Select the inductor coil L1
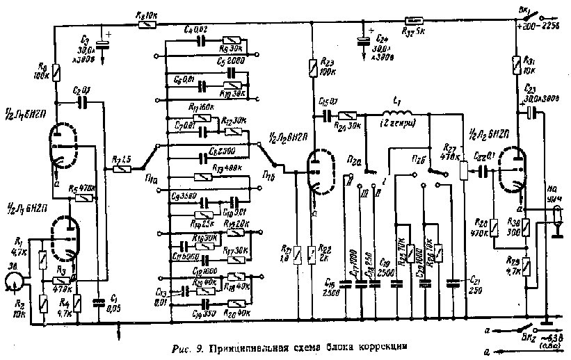pos(396,114)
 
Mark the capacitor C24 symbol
pos(362,42)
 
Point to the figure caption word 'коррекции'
pos(373,345)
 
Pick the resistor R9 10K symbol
pos(147,25)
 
